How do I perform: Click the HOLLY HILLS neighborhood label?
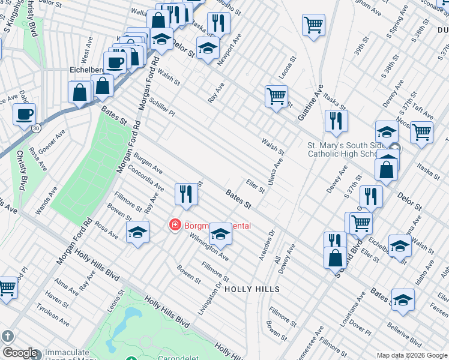click(x=252, y=289)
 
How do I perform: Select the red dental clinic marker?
click(x=175, y=226)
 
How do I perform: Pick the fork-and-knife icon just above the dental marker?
click(x=186, y=194)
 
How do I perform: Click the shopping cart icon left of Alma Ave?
click(x=6, y=287)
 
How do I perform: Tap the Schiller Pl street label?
click(x=162, y=107)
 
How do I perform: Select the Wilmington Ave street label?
click(x=209, y=247)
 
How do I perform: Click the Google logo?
click(x=20, y=353)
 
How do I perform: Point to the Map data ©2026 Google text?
click(x=411, y=355)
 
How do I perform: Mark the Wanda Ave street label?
click(x=46, y=200)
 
